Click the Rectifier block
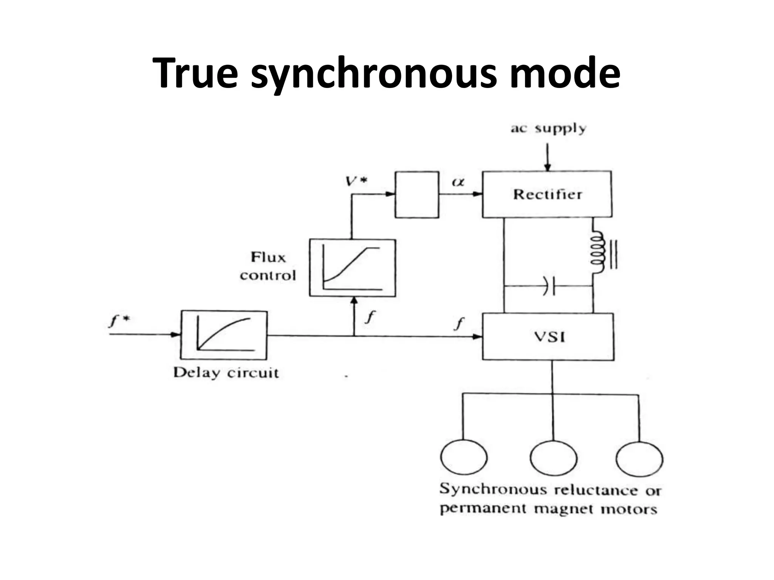pyautogui.click(x=547, y=194)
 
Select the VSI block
pyautogui.click(x=548, y=336)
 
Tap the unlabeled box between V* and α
pyautogui.click(x=417, y=194)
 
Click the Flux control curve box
pyautogui.click(x=352, y=268)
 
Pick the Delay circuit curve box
pyautogui.click(x=224, y=335)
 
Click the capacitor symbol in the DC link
pyautogui.click(x=549, y=286)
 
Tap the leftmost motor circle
pyautogui.click(x=463, y=457)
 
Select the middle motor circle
pyautogui.click(x=553, y=458)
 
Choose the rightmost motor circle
pyautogui.click(x=639, y=459)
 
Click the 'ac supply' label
pyautogui.click(x=548, y=129)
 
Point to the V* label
pyautogui.click(x=356, y=182)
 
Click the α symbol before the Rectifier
pyautogui.click(x=458, y=182)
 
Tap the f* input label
pyautogui.click(x=119, y=321)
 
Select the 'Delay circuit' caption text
pyautogui.click(x=226, y=373)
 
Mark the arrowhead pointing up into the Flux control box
pyautogui.click(x=354, y=301)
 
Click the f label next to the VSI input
pyautogui.click(x=459, y=323)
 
